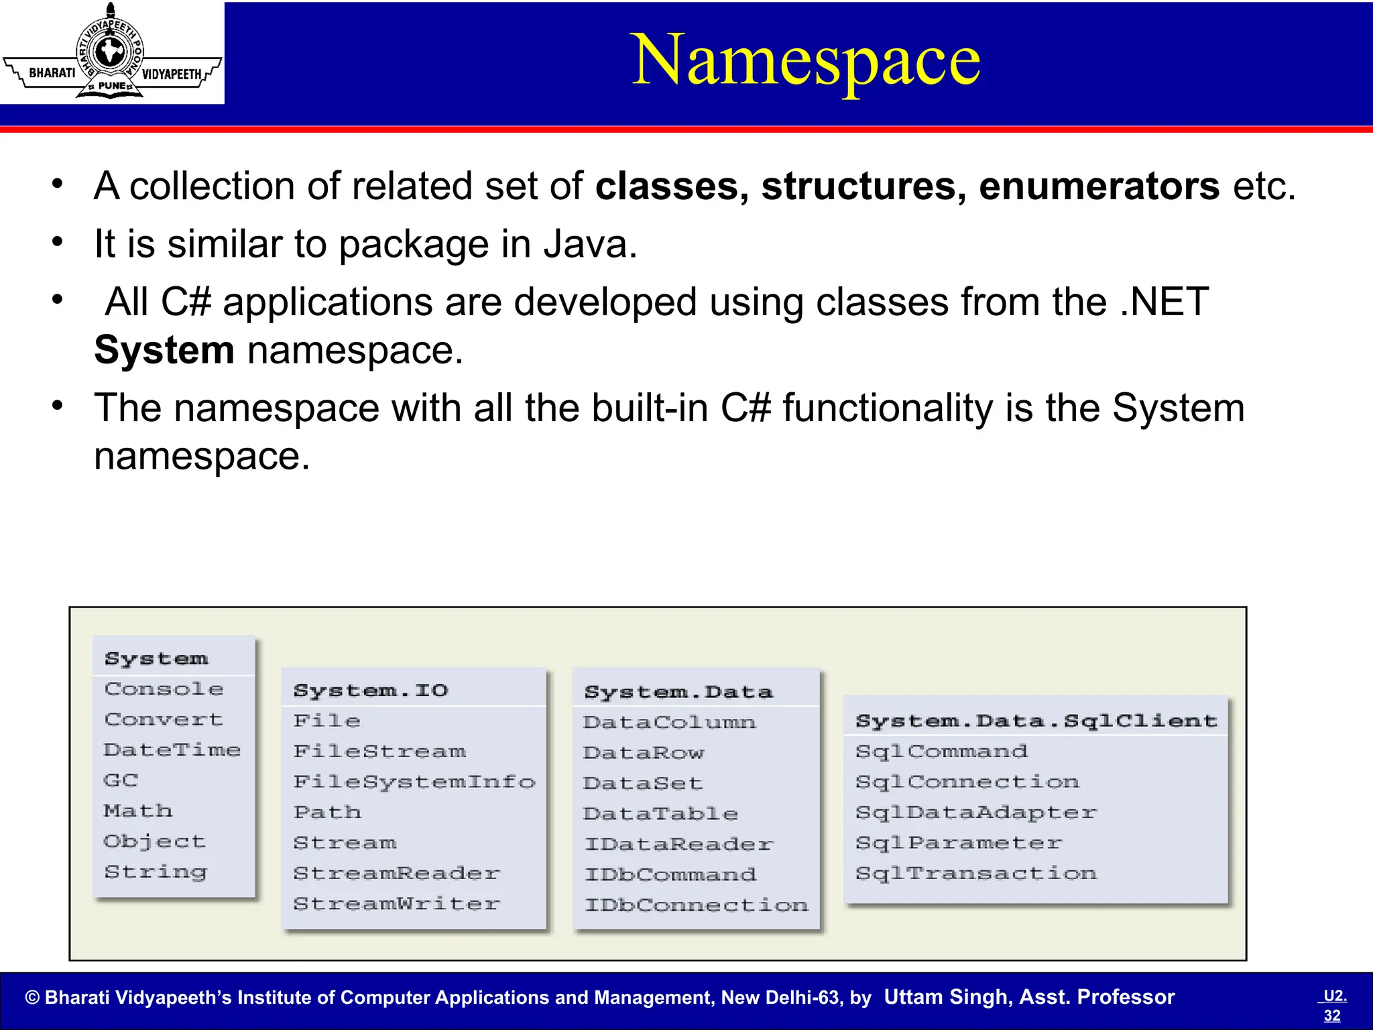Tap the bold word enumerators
pos(1099,186)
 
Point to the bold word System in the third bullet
pos(164,350)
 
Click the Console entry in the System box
pos(164,689)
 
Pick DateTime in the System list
pos(172,750)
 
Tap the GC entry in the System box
pos(121,780)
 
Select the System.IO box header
pos(371,690)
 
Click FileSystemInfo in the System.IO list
pos(414,782)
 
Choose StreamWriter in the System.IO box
pos(397,904)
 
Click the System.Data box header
pos(678,691)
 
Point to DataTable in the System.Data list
pos(660,813)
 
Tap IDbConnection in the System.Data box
pos(696,905)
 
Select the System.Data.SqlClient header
pos(1036,721)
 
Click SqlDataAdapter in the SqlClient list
pos(976,813)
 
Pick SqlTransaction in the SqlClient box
pos(976,873)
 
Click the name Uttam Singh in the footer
pos(946,997)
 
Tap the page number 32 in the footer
pos(1332,1016)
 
